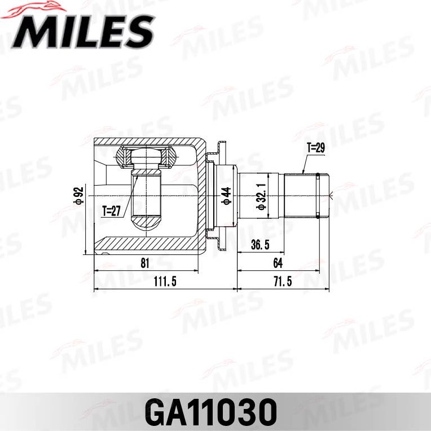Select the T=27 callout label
click(112, 212)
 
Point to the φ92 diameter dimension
click(80, 196)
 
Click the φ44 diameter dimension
click(226, 196)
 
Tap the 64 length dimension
click(277, 263)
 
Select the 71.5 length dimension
click(282, 282)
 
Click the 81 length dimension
click(144, 263)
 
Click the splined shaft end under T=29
click(301, 196)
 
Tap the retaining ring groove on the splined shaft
click(319, 196)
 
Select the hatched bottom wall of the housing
click(147, 246)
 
